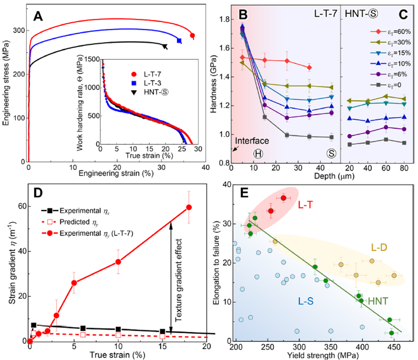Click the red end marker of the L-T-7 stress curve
click(192, 35)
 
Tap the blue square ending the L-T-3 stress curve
click(180, 41)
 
